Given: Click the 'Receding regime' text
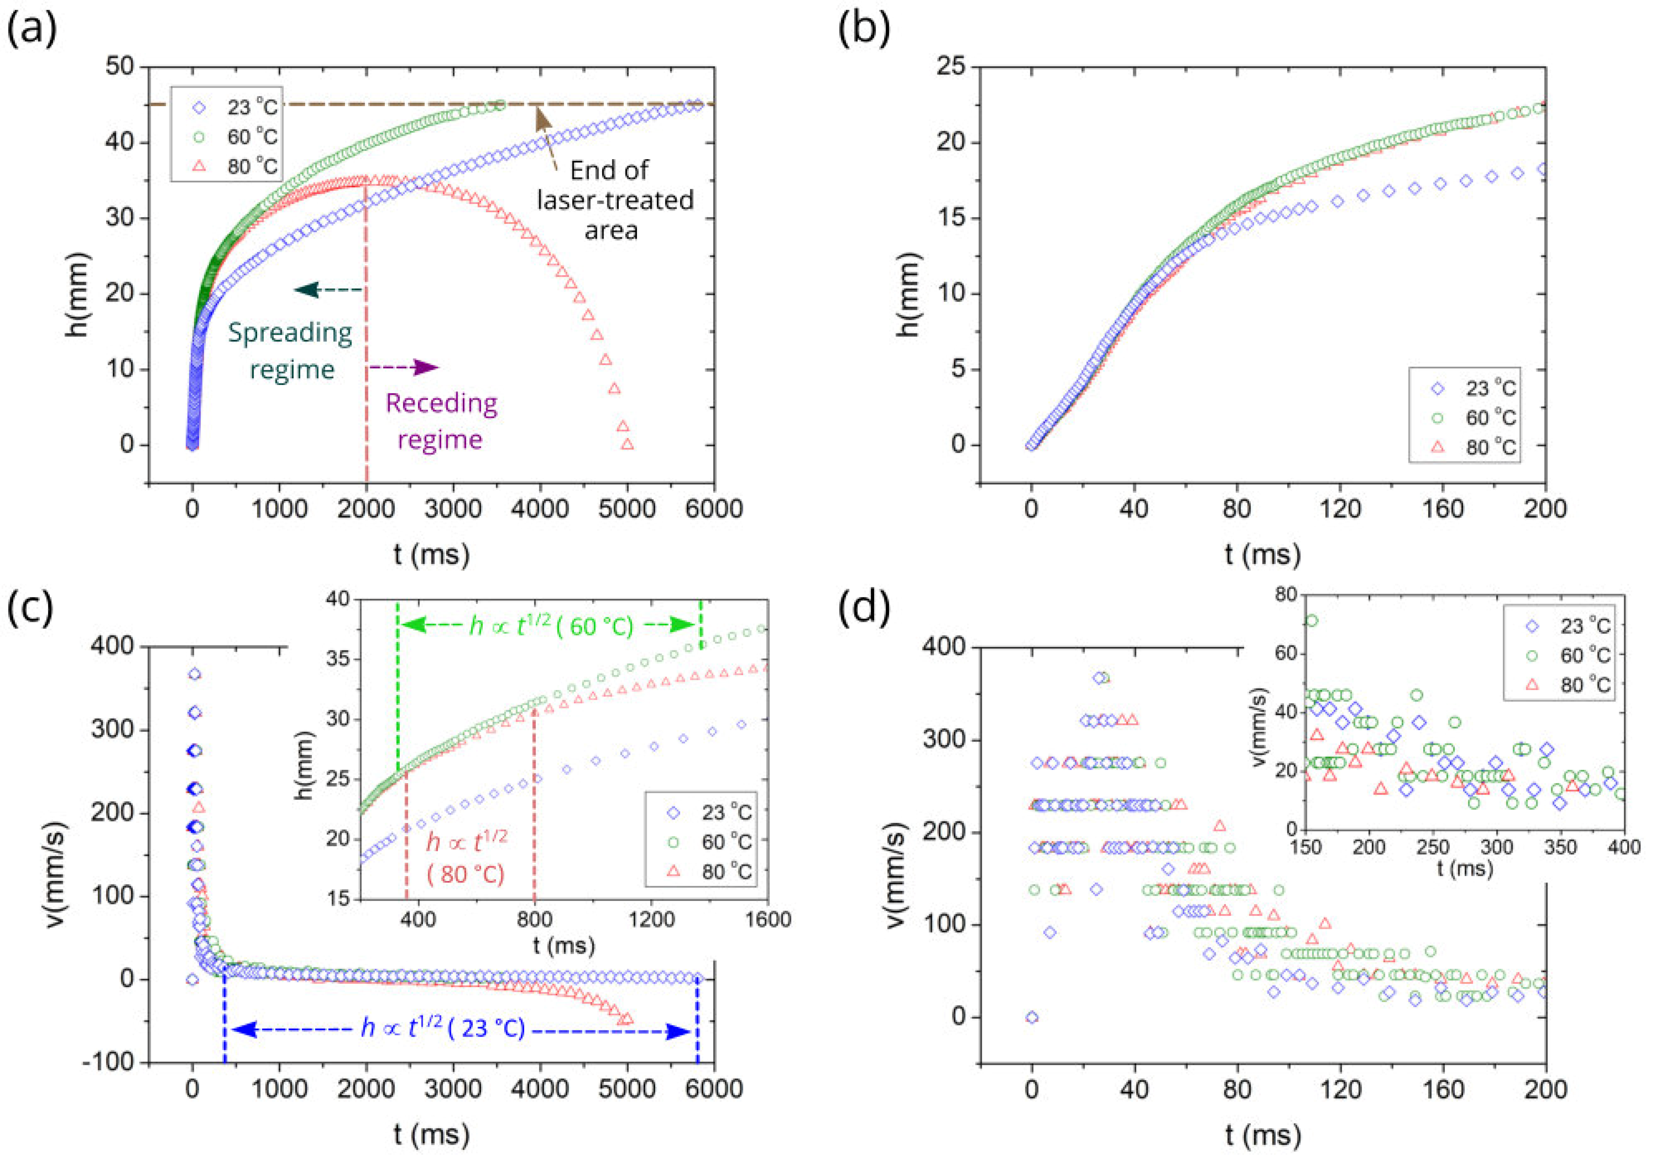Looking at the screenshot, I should click(x=441, y=421).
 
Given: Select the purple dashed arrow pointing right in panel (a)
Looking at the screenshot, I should click(x=403, y=368).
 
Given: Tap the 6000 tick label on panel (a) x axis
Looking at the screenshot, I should click(x=714, y=508).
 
